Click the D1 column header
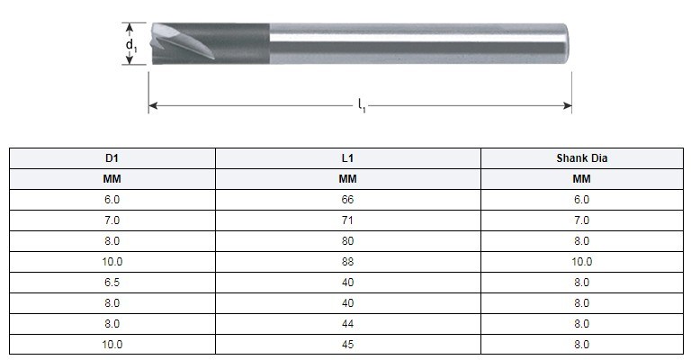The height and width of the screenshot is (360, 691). click(x=112, y=158)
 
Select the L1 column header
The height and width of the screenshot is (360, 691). click(x=348, y=158)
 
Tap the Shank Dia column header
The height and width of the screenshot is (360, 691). click(x=581, y=158)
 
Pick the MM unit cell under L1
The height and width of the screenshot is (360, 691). click(x=348, y=179)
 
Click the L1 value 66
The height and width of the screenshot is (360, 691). click(x=348, y=200)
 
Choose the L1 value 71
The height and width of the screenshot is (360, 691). click(x=348, y=220)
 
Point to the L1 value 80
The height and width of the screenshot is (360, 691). click(x=348, y=241)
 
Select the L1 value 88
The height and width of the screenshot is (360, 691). click(x=348, y=262)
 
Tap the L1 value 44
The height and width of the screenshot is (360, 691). click(x=348, y=323)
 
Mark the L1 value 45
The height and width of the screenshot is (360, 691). click(x=348, y=344)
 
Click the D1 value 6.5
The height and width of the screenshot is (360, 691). click(x=112, y=283)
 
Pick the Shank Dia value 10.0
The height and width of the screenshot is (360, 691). click(x=581, y=262)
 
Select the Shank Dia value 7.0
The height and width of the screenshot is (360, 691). click(x=581, y=220)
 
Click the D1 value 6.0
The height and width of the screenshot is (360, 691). click(x=112, y=200)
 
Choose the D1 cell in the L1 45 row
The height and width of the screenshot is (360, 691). click(x=112, y=344)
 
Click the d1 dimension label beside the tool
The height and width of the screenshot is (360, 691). click(x=131, y=43)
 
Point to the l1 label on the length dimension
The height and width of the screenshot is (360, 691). click(x=361, y=107)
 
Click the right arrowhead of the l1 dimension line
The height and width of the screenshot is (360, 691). click(x=568, y=106)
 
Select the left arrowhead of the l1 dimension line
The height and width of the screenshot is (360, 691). click(x=153, y=106)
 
